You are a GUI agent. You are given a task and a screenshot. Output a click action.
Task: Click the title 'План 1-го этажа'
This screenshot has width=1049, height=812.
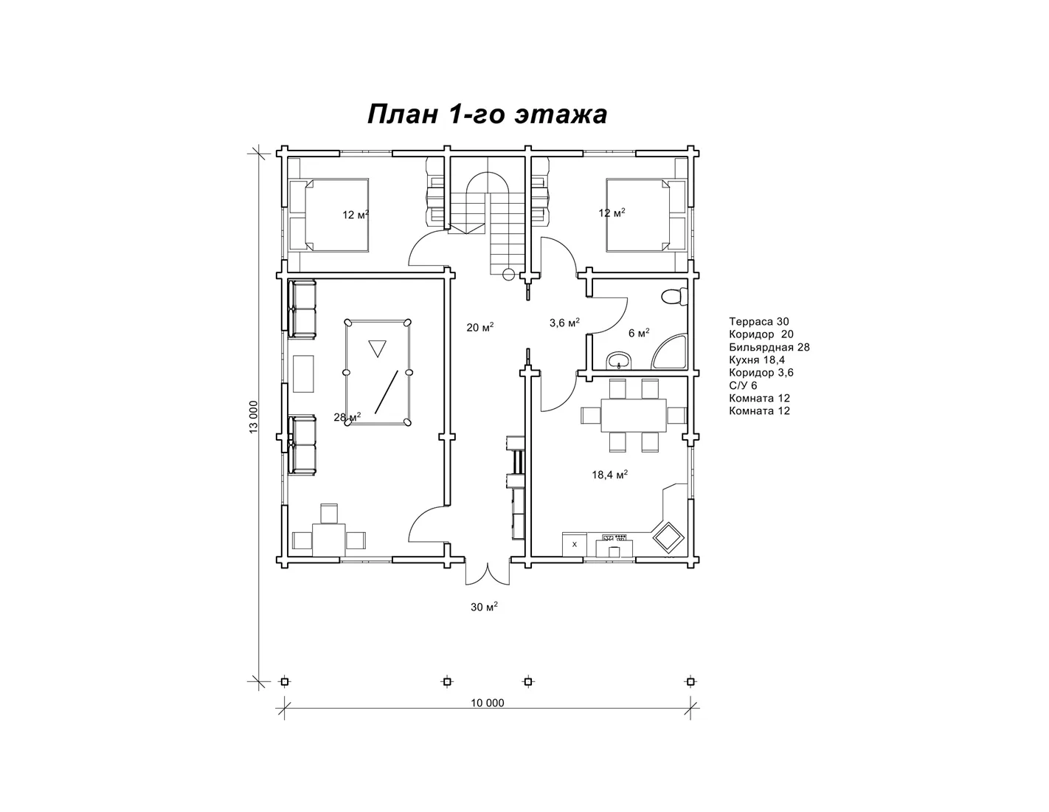(487, 115)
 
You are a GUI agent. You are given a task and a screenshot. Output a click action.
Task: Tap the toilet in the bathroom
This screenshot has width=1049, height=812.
(675, 296)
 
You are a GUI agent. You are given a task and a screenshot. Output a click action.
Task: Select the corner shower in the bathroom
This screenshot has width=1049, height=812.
(670, 351)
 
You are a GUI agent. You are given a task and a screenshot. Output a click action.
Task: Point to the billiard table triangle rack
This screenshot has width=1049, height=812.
(377, 347)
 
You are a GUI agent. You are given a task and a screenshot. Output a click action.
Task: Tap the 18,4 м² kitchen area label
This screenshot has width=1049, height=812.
(610, 475)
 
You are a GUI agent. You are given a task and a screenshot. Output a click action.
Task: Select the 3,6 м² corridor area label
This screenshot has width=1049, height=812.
(564, 323)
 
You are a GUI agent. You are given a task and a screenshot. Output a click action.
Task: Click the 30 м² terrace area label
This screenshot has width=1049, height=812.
(484, 607)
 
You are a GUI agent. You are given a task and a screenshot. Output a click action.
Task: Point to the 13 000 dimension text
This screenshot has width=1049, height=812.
(254, 417)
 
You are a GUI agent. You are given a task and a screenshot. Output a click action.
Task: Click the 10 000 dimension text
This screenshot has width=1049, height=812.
(488, 703)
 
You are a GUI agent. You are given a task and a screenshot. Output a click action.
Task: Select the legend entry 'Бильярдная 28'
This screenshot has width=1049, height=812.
(769, 347)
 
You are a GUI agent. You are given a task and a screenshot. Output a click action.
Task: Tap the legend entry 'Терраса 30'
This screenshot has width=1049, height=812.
(759, 322)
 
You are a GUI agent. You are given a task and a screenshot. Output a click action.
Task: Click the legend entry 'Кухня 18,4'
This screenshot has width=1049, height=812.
(757, 360)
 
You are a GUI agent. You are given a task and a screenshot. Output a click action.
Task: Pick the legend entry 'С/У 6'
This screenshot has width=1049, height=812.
(743, 385)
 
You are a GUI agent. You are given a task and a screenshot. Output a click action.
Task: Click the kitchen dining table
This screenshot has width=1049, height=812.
(634, 416)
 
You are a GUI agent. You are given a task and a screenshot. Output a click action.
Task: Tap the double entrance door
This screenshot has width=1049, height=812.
(488, 573)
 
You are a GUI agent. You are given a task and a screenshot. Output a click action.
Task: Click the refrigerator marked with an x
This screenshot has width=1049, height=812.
(575, 544)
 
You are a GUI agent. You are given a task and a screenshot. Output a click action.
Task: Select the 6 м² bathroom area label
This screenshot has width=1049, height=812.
(639, 334)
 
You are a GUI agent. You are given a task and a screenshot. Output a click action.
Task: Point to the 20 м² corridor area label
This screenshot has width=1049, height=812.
(480, 328)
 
